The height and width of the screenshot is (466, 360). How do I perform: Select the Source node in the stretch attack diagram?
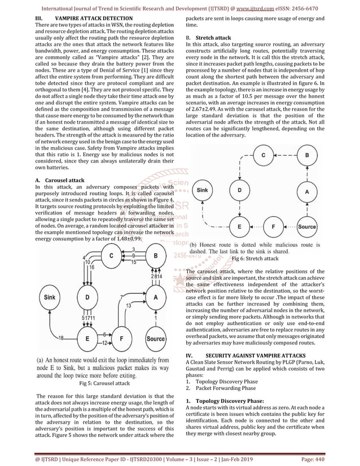point(308,227)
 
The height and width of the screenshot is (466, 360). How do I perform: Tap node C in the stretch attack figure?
point(262,154)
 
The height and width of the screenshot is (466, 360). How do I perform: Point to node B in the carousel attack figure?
point(156,256)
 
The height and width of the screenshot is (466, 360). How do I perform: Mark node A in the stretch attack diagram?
point(307,191)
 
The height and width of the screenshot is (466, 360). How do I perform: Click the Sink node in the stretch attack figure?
point(201,191)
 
